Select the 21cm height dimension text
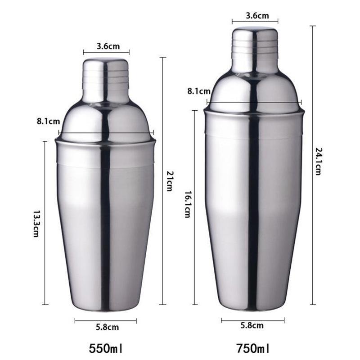pyautogui.click(x=169, y=181)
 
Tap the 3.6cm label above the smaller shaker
pyautogui.click(x=106, y=45)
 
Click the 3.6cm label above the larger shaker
pyautogui.click(x=255, y=16)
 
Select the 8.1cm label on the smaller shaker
pyautogui.click(x=47, y=121)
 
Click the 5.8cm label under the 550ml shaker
pyautogui.click(x=106, y=328)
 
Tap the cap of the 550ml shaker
pyautogui.click(x=105, y=80)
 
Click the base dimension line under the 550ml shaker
pyautogui.click(x=106, y=321)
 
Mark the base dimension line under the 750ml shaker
pyautogui.click(x=252, y=320)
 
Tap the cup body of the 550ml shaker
pyautogui.click(x=105, y=225)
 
